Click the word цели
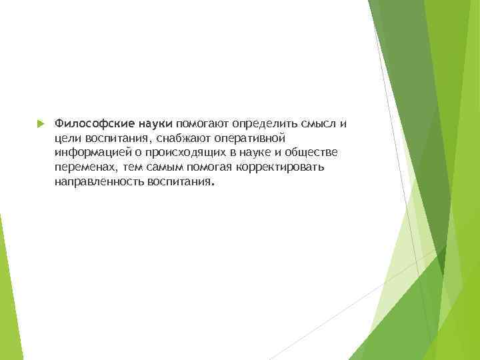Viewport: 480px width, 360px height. [68, 139]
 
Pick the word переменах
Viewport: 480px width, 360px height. [83, 167]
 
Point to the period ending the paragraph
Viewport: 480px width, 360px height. [212, 185]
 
